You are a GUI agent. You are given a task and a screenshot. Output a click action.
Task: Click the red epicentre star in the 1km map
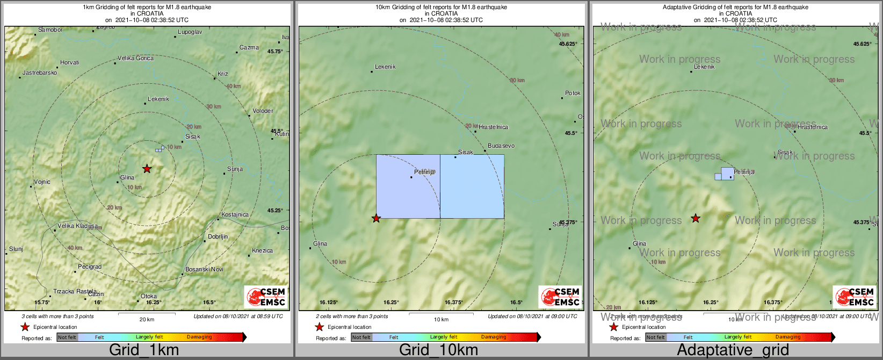click(x=147, y=169)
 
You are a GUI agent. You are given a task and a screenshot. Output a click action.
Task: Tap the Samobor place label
click(x=50, y=30)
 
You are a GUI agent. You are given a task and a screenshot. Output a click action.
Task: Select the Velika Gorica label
click(x=135, y=58)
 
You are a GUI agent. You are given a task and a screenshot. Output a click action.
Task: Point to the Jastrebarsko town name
click(x=40, y=73)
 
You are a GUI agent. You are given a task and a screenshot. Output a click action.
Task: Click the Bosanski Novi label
click(x=204, y=269)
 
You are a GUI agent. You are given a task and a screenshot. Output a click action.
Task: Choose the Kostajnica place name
click(x=235, y=214)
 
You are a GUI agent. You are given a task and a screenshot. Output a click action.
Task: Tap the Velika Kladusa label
click(x=78, y=226)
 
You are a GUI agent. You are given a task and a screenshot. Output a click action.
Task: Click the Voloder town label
click(x=263, y=111)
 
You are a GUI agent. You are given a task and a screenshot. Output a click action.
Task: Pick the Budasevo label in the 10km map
click(x=501, y=146)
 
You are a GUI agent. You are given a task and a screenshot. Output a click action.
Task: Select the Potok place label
click(x=573, y=93)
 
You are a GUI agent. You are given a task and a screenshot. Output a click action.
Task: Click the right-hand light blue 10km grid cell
click(x=472, y=186)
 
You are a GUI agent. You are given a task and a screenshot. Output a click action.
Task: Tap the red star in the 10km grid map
click(x=376, y=218)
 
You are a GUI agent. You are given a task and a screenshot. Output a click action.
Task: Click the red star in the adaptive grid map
click(x=696, y=218)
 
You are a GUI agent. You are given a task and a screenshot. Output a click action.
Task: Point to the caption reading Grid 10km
click(x=438, y=350)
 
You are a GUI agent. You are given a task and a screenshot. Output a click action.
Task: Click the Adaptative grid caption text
click(x=733, y=350)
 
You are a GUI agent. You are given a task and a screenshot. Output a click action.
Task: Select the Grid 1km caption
click(x=144, y=350)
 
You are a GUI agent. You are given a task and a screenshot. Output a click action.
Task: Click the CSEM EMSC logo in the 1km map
click(x=265, y=297)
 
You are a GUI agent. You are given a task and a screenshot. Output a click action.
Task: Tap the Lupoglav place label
click(x=190, y=32)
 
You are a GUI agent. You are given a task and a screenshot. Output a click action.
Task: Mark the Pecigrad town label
click(x=90, y=267)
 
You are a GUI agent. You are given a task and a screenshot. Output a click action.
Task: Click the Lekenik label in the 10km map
click(x=385, y=67)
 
